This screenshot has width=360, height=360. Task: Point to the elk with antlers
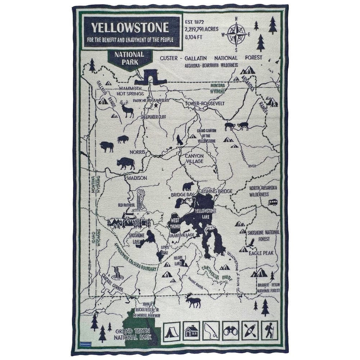click(x=127, y=109)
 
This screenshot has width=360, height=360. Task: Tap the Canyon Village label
click(x=194, y=158)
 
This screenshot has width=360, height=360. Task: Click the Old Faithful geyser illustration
click(x=141, y=201)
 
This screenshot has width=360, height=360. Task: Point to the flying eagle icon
click(x=251, y=243)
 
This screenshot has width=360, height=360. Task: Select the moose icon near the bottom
click(x=193, y=300)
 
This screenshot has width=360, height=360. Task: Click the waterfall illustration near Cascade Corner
click(x=119, y=273)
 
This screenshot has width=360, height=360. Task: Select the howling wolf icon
click(x=180, y=140)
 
